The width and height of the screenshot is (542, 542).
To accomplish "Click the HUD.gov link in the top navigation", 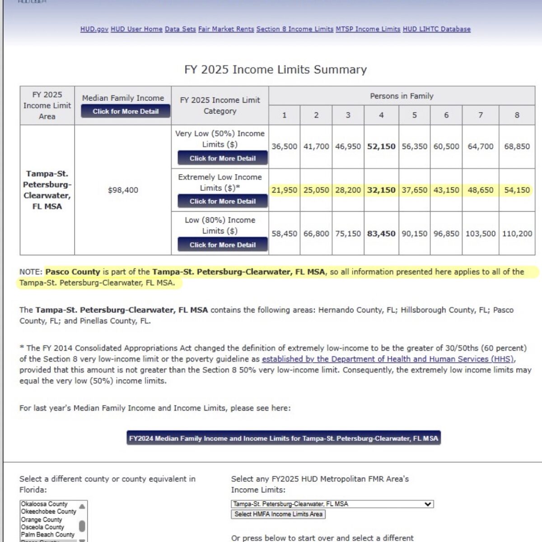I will (x=94, y=29).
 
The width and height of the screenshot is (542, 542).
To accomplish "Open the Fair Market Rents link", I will (x=226, y=29).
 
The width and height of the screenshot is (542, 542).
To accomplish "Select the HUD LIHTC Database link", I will (x=436, y=29).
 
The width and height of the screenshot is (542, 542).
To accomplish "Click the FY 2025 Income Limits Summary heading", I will (x=276, y=70).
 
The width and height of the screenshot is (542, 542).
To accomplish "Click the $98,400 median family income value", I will (x=123, y=190).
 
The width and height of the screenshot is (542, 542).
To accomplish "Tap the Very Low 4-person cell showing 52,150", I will (x=381, y=146).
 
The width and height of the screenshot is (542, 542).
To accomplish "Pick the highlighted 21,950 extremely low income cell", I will (x=284, y=190).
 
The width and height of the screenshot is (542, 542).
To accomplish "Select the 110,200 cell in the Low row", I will (x=517, y=234).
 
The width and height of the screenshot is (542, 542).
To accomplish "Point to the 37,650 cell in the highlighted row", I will (x=414, y=190).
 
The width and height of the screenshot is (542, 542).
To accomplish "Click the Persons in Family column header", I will (x=402, y=96).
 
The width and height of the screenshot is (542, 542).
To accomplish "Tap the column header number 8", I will (x=517, y=115).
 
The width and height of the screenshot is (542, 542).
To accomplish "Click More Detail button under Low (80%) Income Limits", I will (x=222, y=245).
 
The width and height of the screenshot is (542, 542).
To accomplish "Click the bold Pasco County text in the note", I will (x=73, y=272).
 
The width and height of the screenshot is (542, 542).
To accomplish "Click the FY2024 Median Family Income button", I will (x=283, y=438).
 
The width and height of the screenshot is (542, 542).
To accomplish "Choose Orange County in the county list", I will (x=42, y=519).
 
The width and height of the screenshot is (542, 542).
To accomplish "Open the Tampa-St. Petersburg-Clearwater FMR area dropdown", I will (x=332, y=504).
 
